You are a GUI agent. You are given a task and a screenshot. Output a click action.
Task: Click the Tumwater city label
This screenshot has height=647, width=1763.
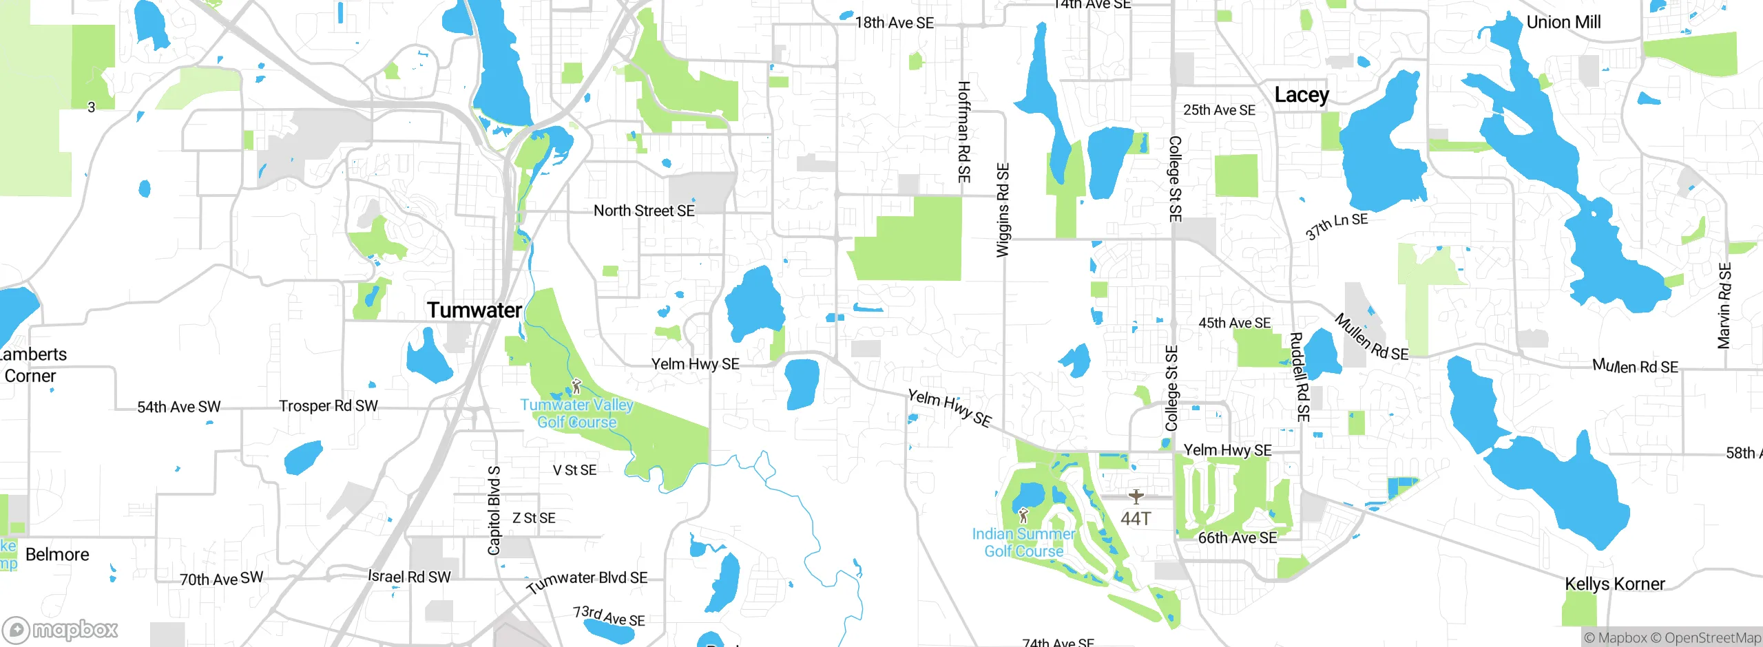tap(474, 310)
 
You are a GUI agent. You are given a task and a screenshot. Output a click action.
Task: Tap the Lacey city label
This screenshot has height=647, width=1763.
tap(1301, 95)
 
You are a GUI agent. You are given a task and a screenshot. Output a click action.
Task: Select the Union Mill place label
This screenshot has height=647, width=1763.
tap(1563, 23)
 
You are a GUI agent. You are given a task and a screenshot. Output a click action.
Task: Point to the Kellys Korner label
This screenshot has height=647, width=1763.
tap(1614, 584)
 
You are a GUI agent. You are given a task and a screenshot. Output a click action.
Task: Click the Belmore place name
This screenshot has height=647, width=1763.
tap(57, 554)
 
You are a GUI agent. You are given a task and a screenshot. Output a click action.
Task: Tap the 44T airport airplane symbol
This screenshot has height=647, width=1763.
tap(1136, 496)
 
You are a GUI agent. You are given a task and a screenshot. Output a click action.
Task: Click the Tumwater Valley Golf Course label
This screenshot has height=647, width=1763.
tap(576, 414)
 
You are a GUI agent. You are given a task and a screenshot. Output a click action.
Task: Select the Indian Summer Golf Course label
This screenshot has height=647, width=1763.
tap(1023, 542)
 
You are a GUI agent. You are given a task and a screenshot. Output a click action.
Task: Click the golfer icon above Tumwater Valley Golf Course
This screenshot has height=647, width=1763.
tap(576, 387)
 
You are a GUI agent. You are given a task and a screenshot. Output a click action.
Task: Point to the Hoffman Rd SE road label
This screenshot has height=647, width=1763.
tap(963, 132)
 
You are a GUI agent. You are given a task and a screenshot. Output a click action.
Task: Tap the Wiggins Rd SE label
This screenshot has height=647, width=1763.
tap(1003, 210)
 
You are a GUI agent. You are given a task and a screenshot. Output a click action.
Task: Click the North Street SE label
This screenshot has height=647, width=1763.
tap(644, 211)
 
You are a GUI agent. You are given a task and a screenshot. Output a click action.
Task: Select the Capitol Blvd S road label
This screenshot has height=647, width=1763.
tap(494, 510)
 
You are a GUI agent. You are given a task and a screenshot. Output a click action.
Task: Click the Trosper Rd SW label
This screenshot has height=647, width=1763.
tap(328, 405)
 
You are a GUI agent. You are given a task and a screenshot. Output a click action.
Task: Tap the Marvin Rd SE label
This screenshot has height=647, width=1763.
tap(1724, 306)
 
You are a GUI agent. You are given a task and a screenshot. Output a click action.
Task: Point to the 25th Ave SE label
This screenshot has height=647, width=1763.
tap(1219, 110)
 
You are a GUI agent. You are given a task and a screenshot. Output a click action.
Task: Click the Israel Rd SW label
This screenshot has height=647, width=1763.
tap(409, 577)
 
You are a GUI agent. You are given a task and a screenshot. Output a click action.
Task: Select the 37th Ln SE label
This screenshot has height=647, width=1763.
tap(1336, 226)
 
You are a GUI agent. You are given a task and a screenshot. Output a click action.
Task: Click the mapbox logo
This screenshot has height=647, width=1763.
tap(61, 629)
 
